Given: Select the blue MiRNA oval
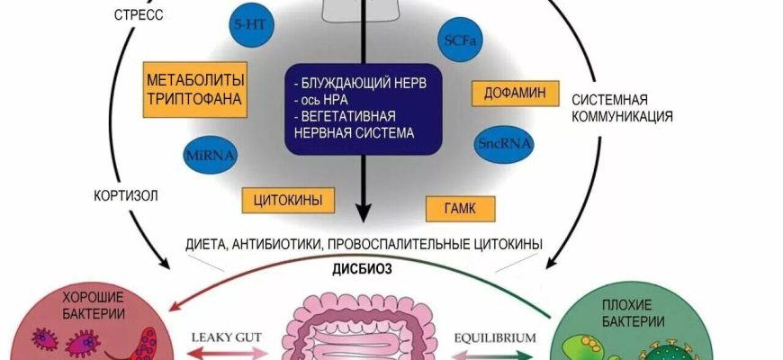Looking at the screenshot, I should [211, 154].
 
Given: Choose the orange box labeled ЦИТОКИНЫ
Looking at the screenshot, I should [283, 199].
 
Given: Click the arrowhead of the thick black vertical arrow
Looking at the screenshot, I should [364, 212].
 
